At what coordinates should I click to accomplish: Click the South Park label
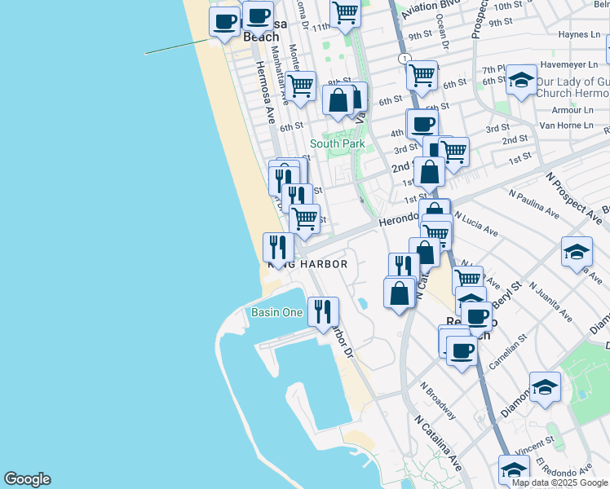(337, 144)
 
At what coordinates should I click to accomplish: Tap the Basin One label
(276, 313)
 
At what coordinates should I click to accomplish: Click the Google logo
(27, 479)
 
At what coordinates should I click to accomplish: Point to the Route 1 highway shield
(404, 59)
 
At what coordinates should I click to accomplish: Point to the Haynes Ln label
(579, 34)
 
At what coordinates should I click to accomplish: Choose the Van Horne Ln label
(566, 126)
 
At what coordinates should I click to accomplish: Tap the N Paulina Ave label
(533, 205)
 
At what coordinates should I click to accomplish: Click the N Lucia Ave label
(476, 226)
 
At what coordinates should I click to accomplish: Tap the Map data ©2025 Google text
(559, 482)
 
